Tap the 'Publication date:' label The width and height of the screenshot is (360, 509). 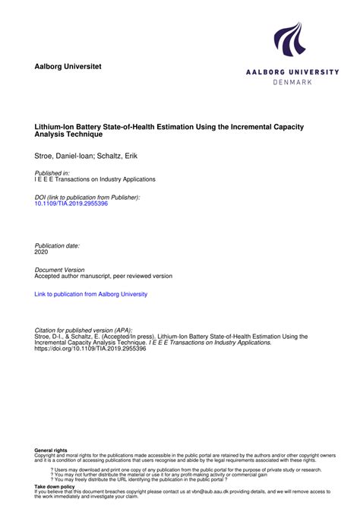[58, 246]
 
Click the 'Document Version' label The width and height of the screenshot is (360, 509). [60, 270]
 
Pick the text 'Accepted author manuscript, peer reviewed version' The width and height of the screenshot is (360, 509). [104, 276]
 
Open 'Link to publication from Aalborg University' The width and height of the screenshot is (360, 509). [91, 294]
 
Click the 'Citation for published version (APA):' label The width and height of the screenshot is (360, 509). [84, 330]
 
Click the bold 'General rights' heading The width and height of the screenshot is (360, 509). [50, 451]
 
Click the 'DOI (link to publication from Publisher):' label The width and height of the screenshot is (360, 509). [87, 197]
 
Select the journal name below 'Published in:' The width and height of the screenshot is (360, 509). [95, 179]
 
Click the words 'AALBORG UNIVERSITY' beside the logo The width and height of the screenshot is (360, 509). [292, 71]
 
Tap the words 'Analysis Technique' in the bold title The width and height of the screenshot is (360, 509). [68, 134]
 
